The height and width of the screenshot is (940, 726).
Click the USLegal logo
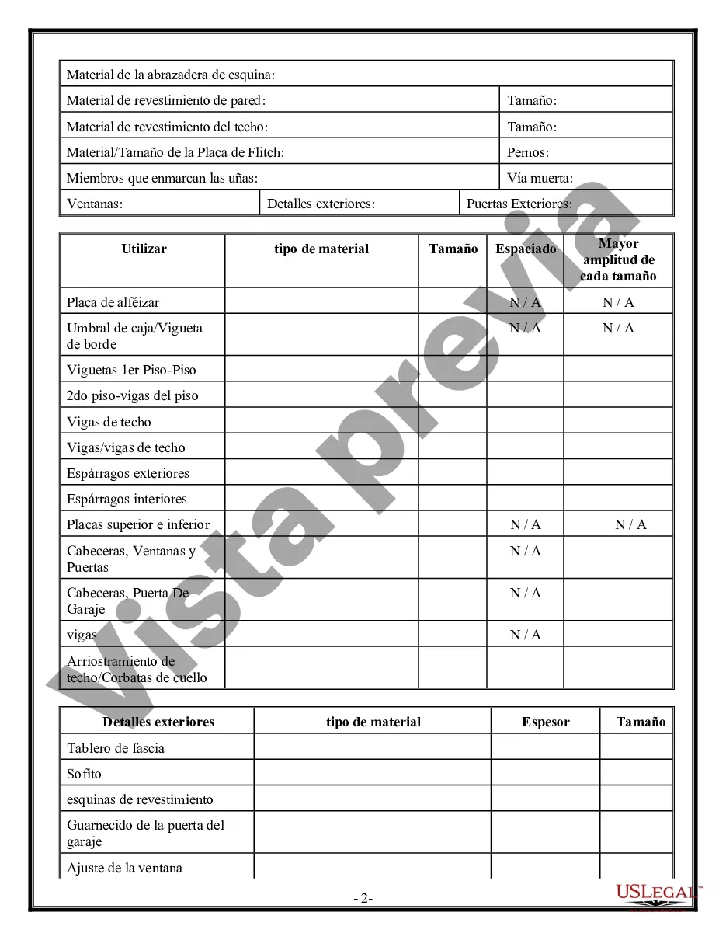coord(657,894)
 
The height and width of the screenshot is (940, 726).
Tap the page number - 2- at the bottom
coord(363,899)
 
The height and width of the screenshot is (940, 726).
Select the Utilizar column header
coord(144,249)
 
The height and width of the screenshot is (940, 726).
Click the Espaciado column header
coord(526,249)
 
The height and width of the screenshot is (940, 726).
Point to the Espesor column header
coord(545,722)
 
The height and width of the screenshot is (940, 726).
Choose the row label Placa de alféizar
coord(113,302)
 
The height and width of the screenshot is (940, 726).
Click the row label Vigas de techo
coord(109,422)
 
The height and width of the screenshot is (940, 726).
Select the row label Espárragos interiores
coord(127,499)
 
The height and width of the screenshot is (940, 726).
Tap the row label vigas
coord(82,635)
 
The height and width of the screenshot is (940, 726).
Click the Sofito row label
coord(84,774)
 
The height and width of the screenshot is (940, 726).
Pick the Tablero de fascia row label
coord(116,748)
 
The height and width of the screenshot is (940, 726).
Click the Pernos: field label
coord(528,152)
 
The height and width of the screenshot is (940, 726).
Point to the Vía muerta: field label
coord(540,178)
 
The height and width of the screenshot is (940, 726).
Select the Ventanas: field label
coord(95,204)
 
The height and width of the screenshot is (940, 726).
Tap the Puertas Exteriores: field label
coord(519,204)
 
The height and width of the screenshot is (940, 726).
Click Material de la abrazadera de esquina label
coord(171,75)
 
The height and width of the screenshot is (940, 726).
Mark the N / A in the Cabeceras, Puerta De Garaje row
coord(526,593)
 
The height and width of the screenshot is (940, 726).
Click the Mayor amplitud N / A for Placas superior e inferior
coord(630,524)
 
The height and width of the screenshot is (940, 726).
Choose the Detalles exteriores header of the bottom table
coord(158,722)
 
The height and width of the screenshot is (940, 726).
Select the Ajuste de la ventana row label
coord(124,868)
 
